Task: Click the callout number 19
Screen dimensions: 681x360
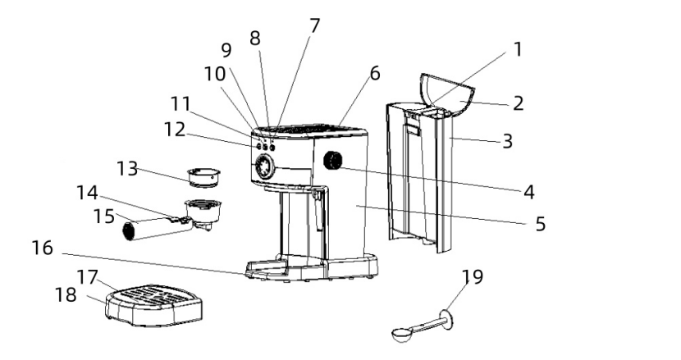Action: click(472, 276)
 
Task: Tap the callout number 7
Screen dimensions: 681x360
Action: click(314, 26)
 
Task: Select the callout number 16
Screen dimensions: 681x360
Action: click(42, 248)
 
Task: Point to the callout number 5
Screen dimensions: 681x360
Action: click(540, 224)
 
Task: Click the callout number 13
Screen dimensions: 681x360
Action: click(127, 168)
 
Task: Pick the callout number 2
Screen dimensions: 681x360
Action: click(518, 103)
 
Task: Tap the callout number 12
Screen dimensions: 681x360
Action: click(174, 130)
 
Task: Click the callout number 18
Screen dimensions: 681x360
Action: click(66, 295)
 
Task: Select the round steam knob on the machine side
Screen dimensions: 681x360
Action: click(332, 161)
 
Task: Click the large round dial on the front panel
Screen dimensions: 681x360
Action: click(263, 166)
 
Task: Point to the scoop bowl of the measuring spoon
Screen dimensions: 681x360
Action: click(402, 335)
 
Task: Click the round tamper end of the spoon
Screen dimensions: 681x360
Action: click(447, 319)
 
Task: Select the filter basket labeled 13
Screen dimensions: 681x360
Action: click(203, 178)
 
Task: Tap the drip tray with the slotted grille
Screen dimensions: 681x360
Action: click(154, 305)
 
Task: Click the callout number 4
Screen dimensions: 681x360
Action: click(528, 192)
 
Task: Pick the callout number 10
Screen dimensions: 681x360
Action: click(215, 74)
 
